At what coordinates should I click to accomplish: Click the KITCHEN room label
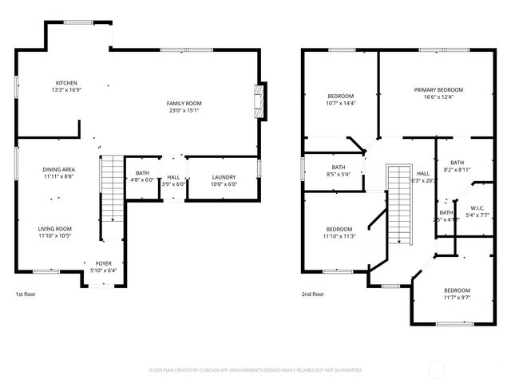(66, 83)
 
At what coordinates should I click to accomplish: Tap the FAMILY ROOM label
(184, 103)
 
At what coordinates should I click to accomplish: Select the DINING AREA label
(59, 169)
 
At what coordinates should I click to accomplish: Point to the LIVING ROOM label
(55, 229)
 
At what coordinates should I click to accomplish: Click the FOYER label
(104, 263)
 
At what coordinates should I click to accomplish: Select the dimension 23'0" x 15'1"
(184, 110)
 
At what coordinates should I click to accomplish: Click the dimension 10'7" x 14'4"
(340, 103)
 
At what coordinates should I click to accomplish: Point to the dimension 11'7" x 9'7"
(457, 297)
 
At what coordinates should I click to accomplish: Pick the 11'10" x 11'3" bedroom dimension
(339, 236)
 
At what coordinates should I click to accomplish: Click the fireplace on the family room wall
(258, 102)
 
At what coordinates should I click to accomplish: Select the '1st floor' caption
(26, 294)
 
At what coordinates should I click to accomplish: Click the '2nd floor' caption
(313, 294)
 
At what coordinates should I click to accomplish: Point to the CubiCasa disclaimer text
(255, 370)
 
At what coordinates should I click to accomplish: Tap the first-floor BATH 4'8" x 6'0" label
(142, 177)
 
